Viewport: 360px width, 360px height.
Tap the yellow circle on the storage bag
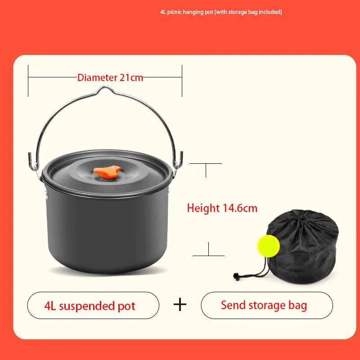tap(268, 246)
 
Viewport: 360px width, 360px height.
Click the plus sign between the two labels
tap(180, 305)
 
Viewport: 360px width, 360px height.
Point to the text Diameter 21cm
tap(110, 77)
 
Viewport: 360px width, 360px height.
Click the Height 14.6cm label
tap(222, 208)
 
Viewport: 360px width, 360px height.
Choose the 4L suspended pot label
tap(90, 306)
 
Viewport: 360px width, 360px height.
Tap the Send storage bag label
tap(264, 306)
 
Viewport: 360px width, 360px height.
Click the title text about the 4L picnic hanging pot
tap(221, 12)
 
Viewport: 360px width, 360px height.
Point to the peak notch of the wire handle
tap(105, 87)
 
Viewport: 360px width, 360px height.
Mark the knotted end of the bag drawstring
tap(236, 277)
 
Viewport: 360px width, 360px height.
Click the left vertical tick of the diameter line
tap(28, 81)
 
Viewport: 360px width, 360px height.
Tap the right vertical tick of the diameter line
tap(182, 81)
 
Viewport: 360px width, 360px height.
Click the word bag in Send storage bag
tap(297, 306)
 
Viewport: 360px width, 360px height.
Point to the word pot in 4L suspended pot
tap(126, 306)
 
